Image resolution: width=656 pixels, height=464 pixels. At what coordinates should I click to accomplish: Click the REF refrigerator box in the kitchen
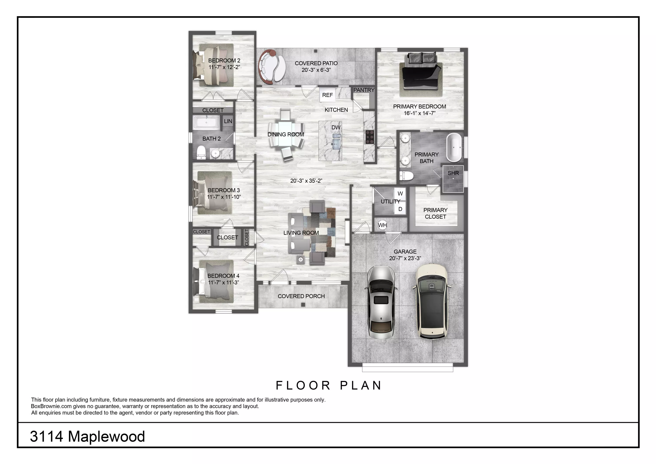327,95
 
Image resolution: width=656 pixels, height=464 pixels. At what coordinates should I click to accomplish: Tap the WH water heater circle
382,225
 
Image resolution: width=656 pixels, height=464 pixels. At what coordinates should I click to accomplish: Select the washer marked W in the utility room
400,193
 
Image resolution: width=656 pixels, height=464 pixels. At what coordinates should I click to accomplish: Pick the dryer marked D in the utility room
400,209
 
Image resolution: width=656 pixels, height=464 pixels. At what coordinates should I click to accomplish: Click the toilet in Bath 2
201,152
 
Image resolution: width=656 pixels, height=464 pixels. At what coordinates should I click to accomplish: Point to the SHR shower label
453,173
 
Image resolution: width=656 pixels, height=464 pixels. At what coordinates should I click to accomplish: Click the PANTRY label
364,90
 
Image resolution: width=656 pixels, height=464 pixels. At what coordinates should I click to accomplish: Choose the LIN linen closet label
228,121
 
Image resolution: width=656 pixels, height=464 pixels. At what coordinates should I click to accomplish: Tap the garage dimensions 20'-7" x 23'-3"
405,258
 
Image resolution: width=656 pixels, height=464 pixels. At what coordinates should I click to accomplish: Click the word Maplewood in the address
106,437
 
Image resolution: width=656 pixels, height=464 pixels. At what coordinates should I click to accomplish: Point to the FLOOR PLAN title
329,385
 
